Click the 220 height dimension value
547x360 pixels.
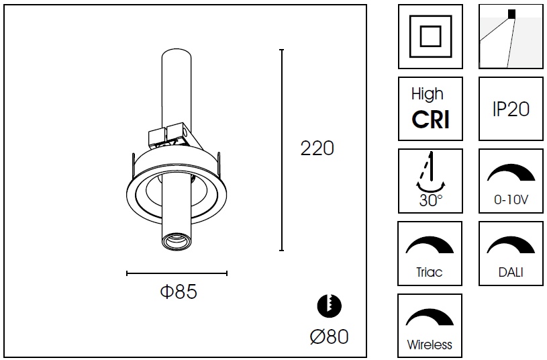click(x=317, y=148)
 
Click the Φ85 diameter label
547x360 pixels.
click(x=178, y=292)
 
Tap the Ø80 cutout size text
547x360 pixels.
click(x=330, y=336)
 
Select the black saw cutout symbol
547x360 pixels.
click(x=329, y=306)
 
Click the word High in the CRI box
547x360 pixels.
click(x=428, y=94)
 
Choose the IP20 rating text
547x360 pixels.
click(x=510, y=109)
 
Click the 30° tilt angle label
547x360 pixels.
click(x=430, y=200)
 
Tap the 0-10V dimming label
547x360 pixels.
click(x=510, y=200)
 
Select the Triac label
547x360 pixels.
click(x=430, y=273)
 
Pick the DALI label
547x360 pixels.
click(x=511, y=273)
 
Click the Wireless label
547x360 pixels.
click(x=430, y=345)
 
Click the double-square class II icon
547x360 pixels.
click(x=430, y=36)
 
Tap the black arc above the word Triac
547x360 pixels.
click(x=430, y=244)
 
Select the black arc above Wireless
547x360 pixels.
click(x=430, y=317)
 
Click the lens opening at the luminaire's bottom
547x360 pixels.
click(x=175, y=240)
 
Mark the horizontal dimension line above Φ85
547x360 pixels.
click(x=177, y=273)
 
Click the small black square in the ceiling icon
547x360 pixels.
click(x=512, y=13)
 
